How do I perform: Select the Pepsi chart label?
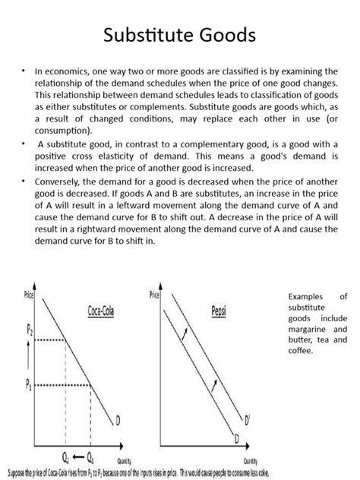pos(221,311)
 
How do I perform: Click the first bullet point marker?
pos(24,71)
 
